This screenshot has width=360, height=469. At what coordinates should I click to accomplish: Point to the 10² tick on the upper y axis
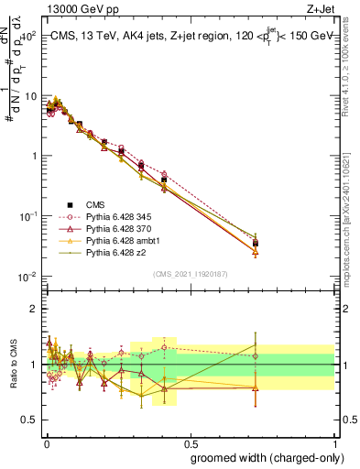28,36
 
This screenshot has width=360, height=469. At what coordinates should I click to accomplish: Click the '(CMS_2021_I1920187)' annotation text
191,273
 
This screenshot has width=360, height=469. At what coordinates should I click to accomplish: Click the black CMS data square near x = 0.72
256,244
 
